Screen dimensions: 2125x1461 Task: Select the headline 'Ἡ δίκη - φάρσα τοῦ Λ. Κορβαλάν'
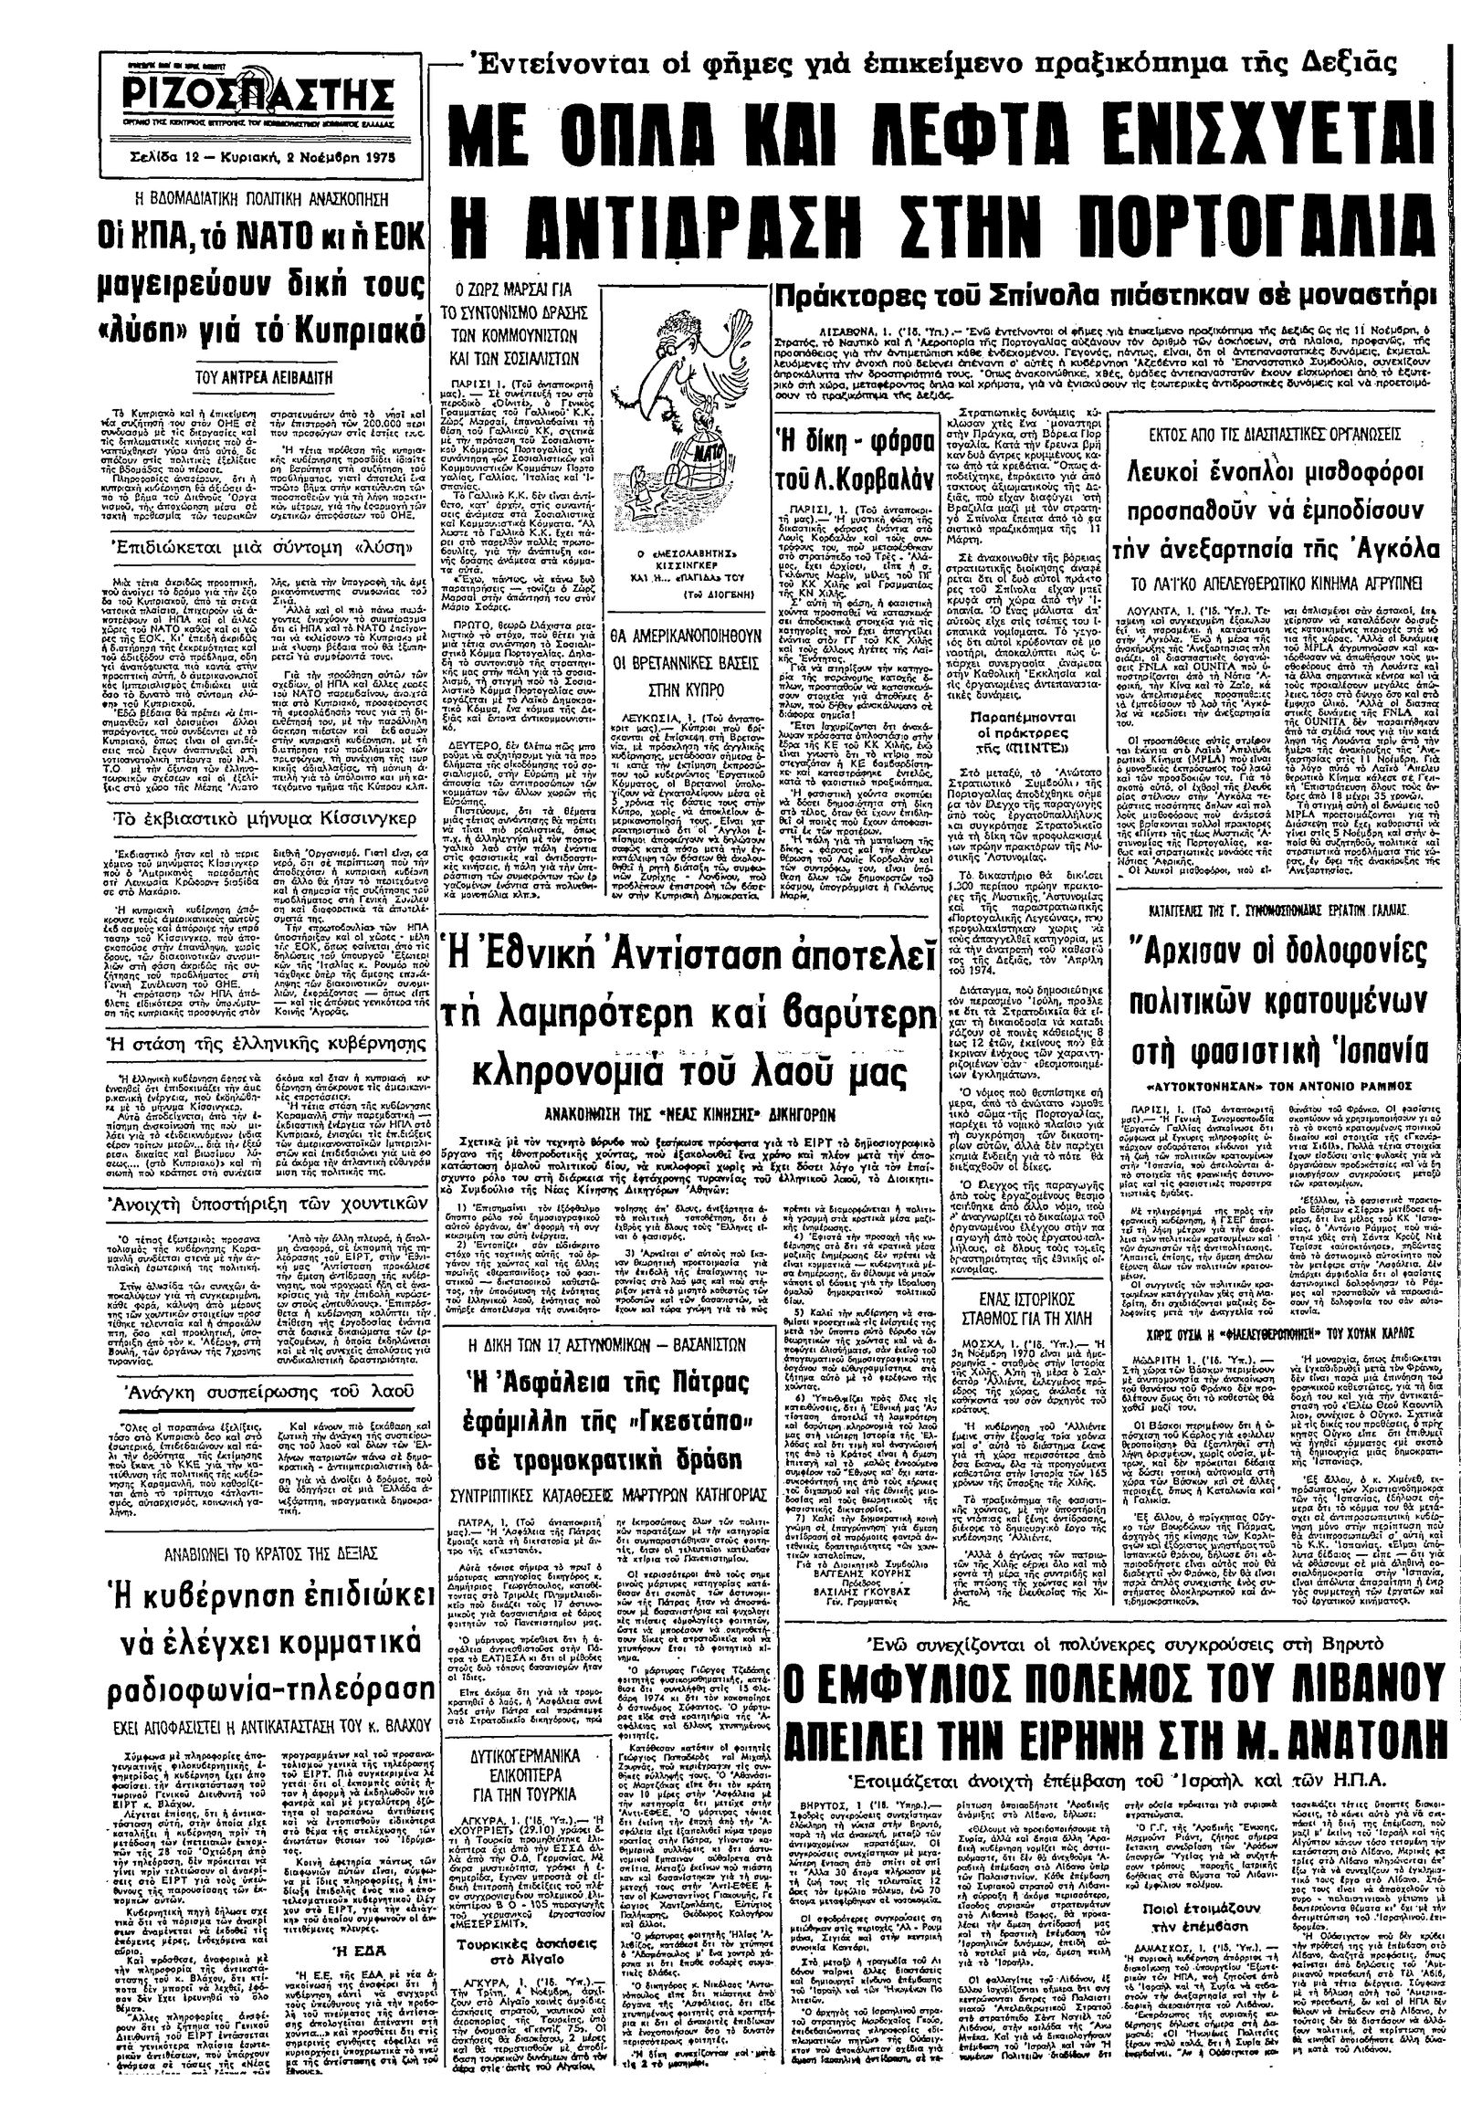coord(848,458)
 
